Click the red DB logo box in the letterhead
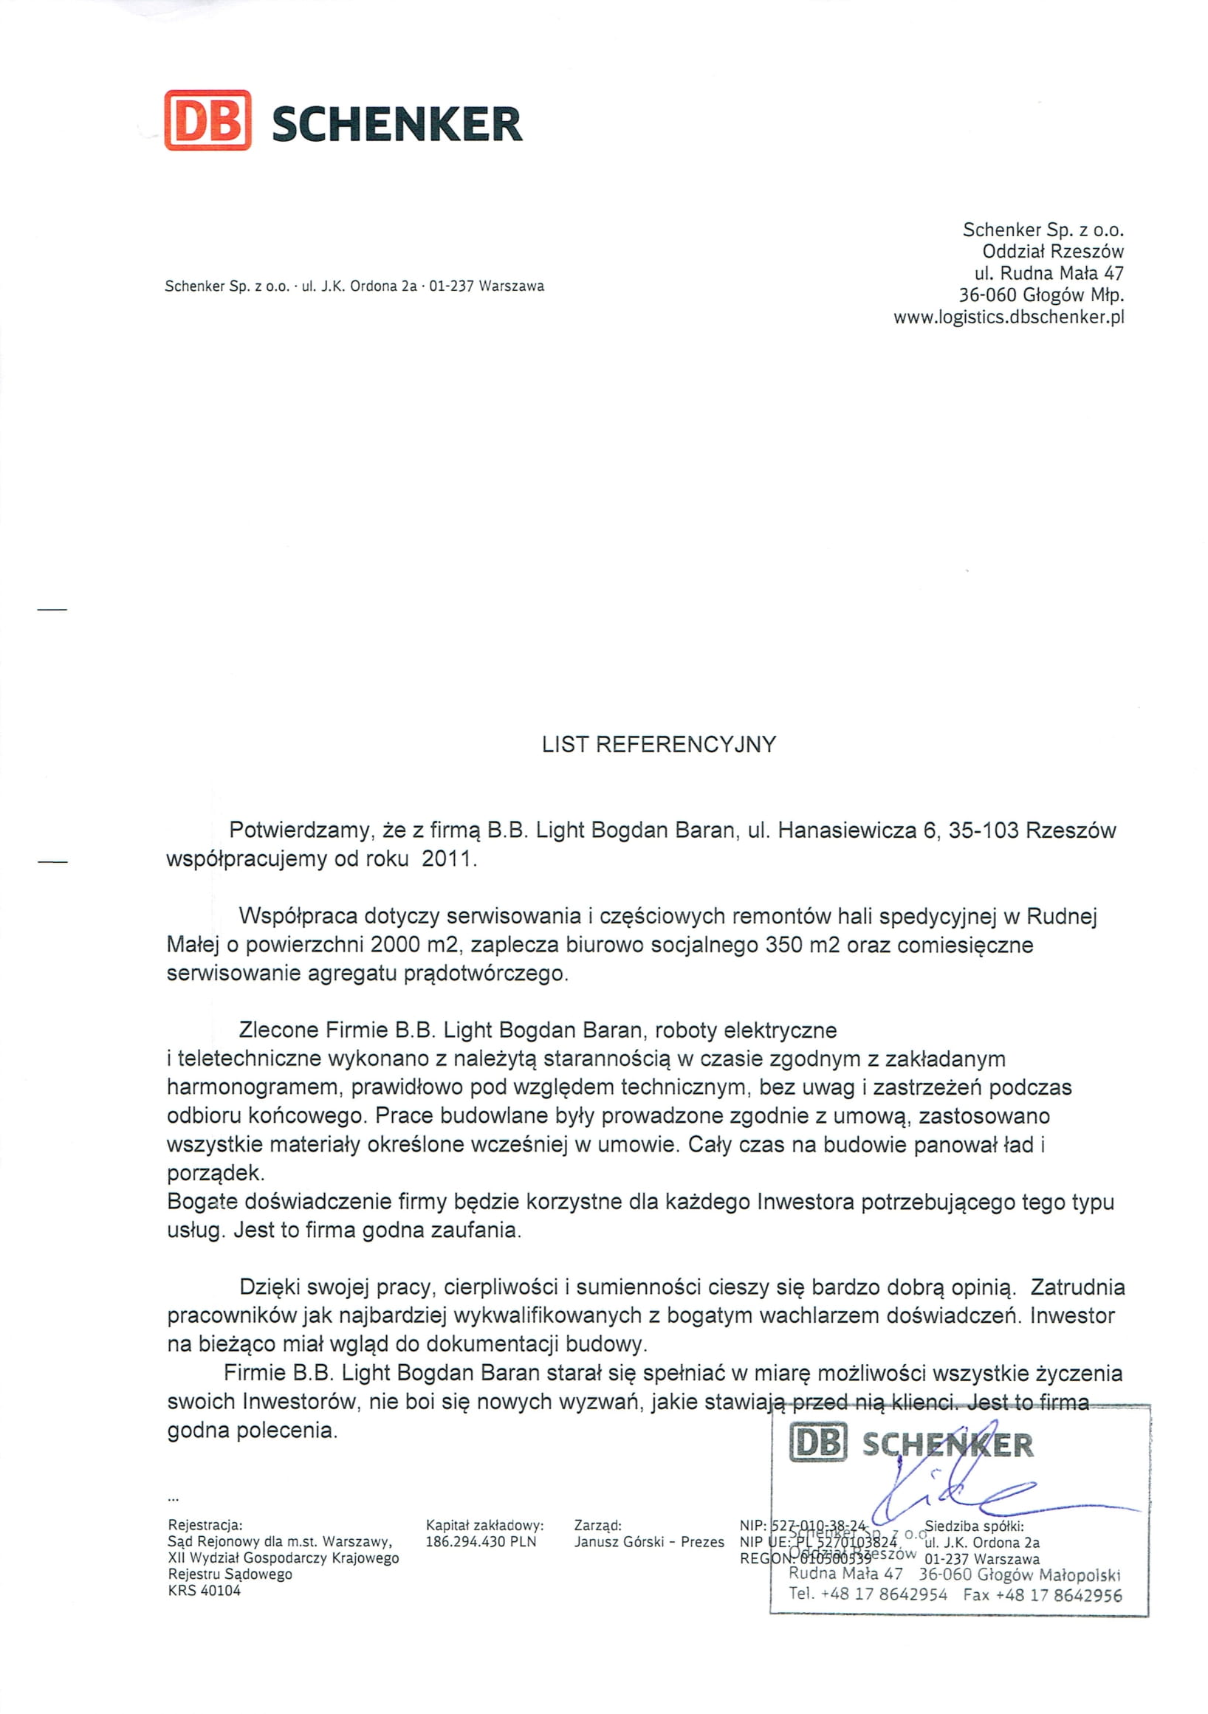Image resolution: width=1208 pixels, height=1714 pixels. click(x=207, y=120)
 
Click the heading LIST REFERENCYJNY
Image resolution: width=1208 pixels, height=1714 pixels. click(x=659, y=745)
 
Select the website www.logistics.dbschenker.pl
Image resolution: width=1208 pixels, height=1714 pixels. click(x=1008, y=317)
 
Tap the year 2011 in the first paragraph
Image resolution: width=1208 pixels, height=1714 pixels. click(x=447, y=858)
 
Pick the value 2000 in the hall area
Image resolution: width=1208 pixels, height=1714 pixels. click(x=395, y=945)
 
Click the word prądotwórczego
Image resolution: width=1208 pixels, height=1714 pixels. click(x=485, y=974)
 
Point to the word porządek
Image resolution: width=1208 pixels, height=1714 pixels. click(x=215, y=1174)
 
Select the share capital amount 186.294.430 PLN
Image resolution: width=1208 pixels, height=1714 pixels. click(x=480, y=1541)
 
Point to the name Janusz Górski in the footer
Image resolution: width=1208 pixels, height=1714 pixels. click(x=618, y=1541)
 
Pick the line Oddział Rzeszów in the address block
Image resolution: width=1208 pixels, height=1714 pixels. click(x=1052, y=252)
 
